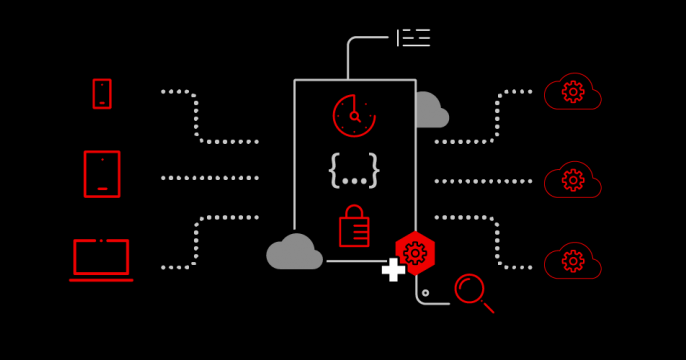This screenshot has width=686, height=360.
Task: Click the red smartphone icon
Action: tap(102, 94)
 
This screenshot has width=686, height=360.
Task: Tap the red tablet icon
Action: tap(102, 174)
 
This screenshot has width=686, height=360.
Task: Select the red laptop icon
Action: tap(101, 259)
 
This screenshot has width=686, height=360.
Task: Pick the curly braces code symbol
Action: tap(354, 171)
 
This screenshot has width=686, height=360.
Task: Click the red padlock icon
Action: tap(354, 227)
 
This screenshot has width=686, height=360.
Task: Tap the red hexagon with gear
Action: tap(415, 253)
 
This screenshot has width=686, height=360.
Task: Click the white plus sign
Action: tap(393, 269)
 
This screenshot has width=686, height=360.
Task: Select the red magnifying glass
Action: tap(469, 288)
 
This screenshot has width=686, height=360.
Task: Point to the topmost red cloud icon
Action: tap(572, 93)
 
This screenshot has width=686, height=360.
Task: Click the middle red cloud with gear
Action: tap(572, 181)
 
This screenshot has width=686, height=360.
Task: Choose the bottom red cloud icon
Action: tap(572, 261)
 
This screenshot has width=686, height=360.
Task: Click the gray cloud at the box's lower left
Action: tap(294, 252)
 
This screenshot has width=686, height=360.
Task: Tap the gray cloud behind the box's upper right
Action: tap(430, 111)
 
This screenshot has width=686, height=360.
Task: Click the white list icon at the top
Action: tap(414, 38)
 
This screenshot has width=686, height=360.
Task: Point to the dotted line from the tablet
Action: tap(210, 178)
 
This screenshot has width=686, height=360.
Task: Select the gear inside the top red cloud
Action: tap(573, 92)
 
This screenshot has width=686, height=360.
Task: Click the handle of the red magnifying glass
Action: tap(488, 307)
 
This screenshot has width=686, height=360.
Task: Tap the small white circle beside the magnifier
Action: tap(426, 293)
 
